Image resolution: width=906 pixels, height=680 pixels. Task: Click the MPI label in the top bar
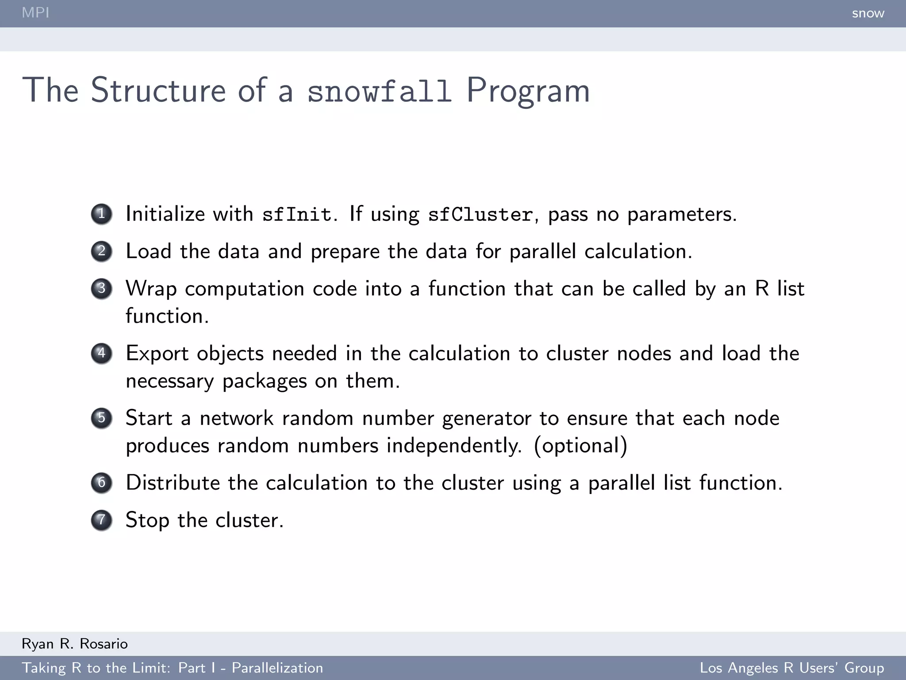[x=35, y=12]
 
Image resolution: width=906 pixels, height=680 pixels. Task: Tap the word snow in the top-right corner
[x=868, y=13]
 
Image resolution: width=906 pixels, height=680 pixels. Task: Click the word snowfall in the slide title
[x=380, y=91]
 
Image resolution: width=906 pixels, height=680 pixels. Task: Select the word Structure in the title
[x=158, y=90]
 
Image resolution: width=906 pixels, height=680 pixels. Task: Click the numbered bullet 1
[x=102, y=214]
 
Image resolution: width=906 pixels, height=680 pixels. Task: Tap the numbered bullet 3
[x=102, y=289]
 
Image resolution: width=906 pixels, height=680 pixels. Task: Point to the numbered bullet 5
[x=102, y=418]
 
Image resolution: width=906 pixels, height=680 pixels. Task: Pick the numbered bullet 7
[x=102, y=520]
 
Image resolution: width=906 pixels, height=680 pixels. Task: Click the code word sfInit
[x=297, y=215]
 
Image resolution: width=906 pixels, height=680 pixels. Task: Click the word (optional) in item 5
[x=580, y=446]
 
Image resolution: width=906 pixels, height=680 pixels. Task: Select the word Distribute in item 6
[x=173, y=483]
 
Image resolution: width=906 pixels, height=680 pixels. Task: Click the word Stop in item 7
[x=147, y=521]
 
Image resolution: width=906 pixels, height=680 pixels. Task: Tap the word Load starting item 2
[x=148, y=251]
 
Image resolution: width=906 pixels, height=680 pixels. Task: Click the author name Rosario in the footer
[x=104, y=644]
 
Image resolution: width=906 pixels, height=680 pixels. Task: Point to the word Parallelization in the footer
[x=277, y=668]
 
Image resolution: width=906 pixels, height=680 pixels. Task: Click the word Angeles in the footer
[x=752, y=668]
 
